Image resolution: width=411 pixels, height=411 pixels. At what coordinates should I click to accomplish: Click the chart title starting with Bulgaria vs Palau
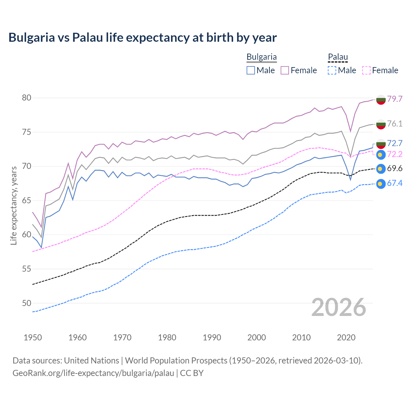(143, 38)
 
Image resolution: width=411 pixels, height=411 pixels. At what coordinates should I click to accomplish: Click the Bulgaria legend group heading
(261, 57)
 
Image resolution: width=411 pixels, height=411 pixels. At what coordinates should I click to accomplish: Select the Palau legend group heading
(338, 57)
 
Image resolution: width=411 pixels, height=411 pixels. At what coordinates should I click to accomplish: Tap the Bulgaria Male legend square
(251, 70)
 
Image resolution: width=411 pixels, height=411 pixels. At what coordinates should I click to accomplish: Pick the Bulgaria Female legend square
(285, 70)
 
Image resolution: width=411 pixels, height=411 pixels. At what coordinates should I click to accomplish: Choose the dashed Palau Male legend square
(332, 70)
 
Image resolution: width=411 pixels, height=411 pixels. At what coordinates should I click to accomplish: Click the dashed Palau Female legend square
(366, 70)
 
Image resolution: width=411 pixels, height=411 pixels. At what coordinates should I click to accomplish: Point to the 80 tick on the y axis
(27, 98)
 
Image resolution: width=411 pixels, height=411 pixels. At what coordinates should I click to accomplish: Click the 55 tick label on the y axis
(27, 269)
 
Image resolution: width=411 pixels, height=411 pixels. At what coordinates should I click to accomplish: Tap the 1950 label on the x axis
(33, 337)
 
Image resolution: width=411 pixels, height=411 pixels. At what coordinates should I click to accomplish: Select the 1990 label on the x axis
(212, 337)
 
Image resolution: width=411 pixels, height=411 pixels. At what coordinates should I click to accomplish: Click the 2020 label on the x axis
(346, 337)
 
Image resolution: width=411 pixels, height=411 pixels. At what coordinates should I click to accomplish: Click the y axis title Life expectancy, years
(14, 205)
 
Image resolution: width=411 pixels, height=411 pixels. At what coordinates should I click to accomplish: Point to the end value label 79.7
(395, 99)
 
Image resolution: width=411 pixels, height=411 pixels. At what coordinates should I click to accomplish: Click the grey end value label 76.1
(395, 124)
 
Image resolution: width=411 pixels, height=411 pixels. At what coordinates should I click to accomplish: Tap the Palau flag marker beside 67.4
(380, 184)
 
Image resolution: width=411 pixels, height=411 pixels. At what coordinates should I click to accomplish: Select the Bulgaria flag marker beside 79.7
(380, 100)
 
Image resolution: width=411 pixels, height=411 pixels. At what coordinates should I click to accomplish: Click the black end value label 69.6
(395, 169)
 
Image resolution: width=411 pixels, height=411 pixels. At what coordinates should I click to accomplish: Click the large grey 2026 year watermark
(339, 307)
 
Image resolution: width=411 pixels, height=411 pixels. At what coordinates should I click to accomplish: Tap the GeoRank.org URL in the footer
(93, 373)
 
